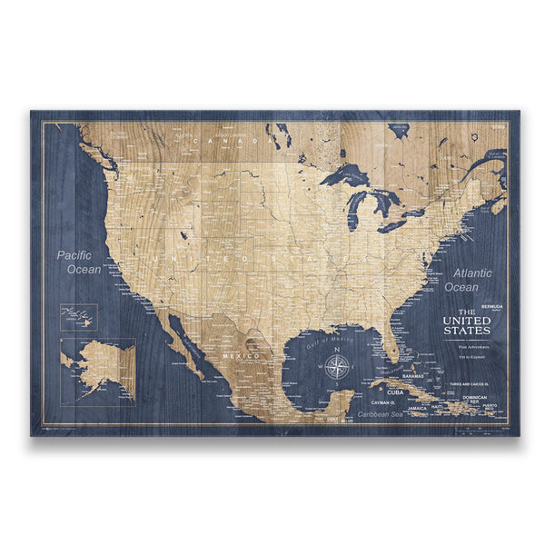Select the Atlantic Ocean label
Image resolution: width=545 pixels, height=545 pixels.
point(468,280)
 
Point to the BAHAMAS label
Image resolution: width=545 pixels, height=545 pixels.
point(413,375)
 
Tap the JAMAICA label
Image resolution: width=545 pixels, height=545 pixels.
point(418,409)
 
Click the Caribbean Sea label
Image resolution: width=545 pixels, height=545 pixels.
point(379,415)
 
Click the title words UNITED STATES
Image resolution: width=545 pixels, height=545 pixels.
point(467,325)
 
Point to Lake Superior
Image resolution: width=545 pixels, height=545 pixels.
point(344,174)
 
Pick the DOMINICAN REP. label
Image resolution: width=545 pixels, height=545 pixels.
point(480,400)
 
